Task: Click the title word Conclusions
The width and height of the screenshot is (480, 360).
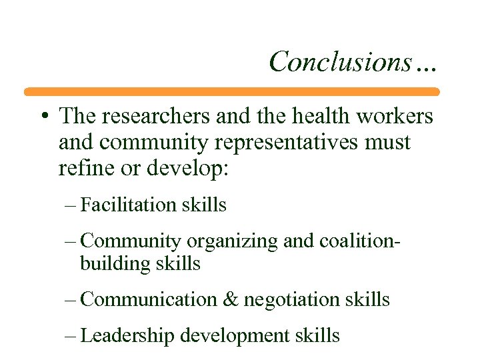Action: click(340, 62)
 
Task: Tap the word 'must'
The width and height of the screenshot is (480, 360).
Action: click(389, 143)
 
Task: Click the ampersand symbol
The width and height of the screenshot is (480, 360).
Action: click(231, 299)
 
